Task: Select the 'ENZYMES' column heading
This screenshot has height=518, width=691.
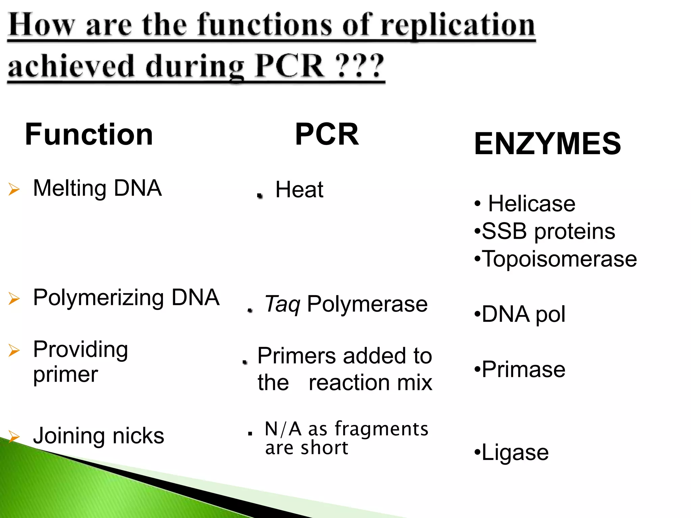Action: point(547,144)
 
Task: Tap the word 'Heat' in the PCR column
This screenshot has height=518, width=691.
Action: point(299,190)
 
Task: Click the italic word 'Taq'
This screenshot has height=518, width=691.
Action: point(282,304)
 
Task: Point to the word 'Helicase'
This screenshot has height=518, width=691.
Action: point(532,204)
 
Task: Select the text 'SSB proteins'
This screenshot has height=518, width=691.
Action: point(548,231)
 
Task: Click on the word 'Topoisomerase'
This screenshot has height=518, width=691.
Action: point(559,259)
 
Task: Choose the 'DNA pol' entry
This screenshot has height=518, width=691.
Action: point(523,314)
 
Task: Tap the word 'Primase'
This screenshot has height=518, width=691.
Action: point(523,369)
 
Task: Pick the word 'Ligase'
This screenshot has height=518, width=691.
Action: point(515,452)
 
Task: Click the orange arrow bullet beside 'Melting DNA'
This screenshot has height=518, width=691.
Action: point(14,189)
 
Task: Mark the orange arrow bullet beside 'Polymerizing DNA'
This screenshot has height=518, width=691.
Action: point(14,298)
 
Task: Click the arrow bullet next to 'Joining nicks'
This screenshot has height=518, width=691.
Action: point(14,436)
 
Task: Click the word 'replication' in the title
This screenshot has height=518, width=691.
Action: point(458,26)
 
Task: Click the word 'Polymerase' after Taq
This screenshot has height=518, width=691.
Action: point(367,304)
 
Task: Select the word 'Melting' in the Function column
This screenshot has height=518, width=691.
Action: point(70,188)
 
